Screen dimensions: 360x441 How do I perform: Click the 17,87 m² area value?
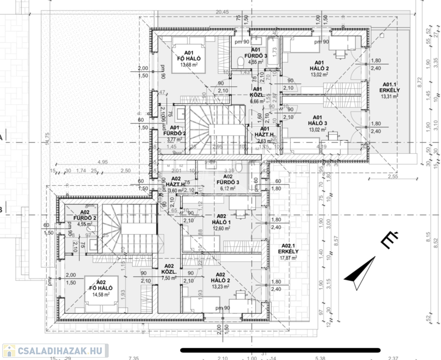(x=289, y=257)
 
